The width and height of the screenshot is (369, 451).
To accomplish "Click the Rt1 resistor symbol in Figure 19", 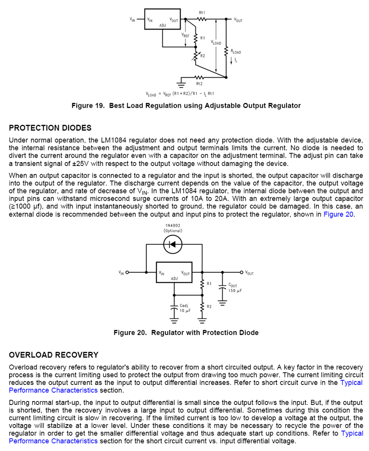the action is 202,19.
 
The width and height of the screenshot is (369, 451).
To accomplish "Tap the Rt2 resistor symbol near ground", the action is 199,78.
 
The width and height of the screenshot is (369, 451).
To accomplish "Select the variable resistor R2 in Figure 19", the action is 196,56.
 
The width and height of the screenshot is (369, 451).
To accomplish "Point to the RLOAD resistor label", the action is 236,52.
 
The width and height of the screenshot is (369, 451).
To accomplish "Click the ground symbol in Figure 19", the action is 181,84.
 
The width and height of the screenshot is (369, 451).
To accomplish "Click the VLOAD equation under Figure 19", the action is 180,94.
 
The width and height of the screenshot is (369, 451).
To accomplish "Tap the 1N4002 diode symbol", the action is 173,245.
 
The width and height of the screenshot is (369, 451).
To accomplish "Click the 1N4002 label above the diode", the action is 173,225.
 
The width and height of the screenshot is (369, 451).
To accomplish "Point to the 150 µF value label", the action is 235,291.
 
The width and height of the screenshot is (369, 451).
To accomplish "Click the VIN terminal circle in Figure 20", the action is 127,272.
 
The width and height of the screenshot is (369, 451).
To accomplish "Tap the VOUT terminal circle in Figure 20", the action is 241,272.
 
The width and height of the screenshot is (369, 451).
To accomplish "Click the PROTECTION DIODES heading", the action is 50,128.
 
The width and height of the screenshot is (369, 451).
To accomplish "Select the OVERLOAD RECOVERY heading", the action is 54,355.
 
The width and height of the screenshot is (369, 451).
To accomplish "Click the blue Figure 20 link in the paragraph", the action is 339,214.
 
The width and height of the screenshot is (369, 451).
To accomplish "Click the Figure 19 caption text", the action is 186,106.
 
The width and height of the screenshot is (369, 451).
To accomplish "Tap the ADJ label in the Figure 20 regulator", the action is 175,279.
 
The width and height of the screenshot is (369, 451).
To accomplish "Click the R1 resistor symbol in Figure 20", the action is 202,284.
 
